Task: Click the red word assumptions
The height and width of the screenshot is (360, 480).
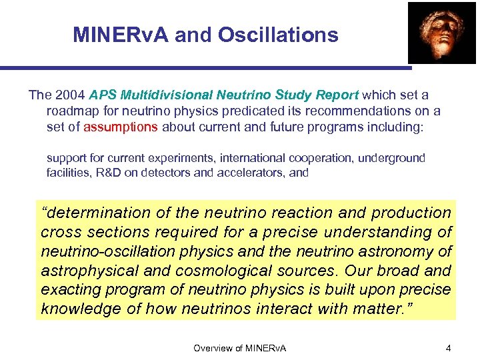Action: click(121, 127)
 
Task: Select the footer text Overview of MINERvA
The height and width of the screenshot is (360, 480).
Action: click(239, 348)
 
